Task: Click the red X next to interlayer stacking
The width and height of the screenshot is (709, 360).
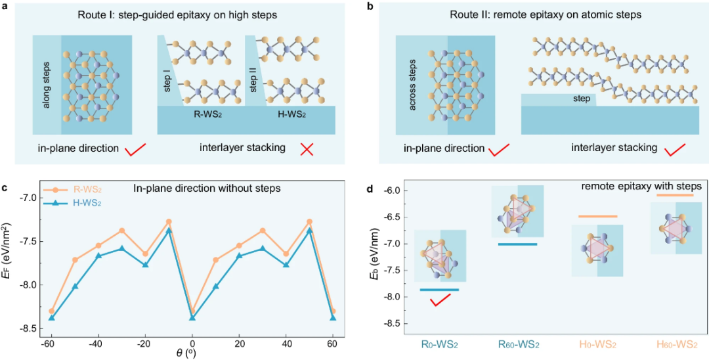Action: [306, 148]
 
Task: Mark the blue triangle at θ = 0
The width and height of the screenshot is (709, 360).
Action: [192, 318]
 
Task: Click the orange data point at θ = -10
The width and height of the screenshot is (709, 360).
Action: [169, 222]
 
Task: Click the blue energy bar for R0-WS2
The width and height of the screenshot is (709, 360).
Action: [439, 290]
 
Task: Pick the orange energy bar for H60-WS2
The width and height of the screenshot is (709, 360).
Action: [675, 195]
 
